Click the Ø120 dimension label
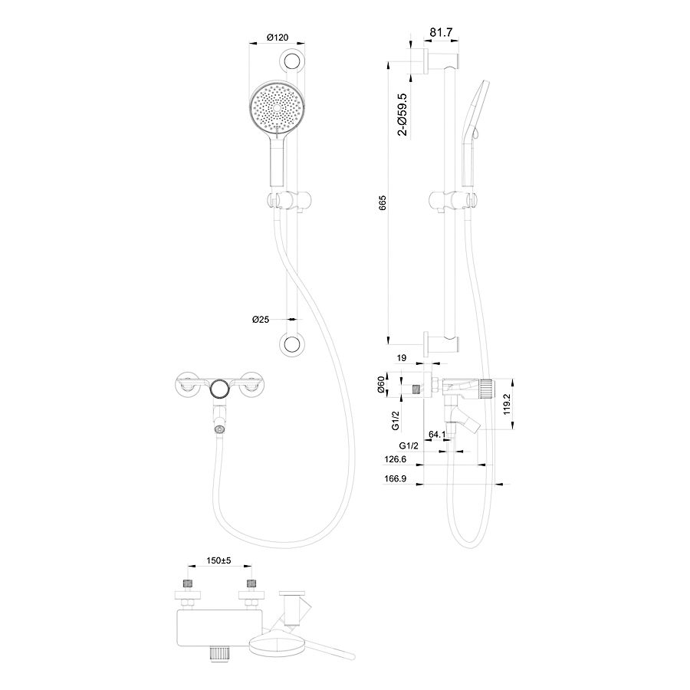tap(278, 38)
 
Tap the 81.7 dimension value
tap(441, 32)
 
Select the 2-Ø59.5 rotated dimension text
tap(402, 114)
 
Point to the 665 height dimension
tap(382, 202)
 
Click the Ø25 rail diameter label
tap(261, 320)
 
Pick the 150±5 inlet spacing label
tap(219, 560)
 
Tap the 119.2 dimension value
tap(507, 404)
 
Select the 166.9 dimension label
tap(395, 478)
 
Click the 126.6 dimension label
tap(395, 459)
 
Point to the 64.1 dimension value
tap(437, 435)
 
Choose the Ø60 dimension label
tap(382, 385)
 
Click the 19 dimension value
tap(401, 358)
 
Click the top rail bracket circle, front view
tap(291, 61)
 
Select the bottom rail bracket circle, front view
tap(291, 344)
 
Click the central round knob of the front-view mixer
tap(219, 388)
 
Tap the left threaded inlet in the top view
tap(188, 584)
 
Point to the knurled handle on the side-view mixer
tap(486, 388)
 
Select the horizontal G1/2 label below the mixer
tap(409, 445)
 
